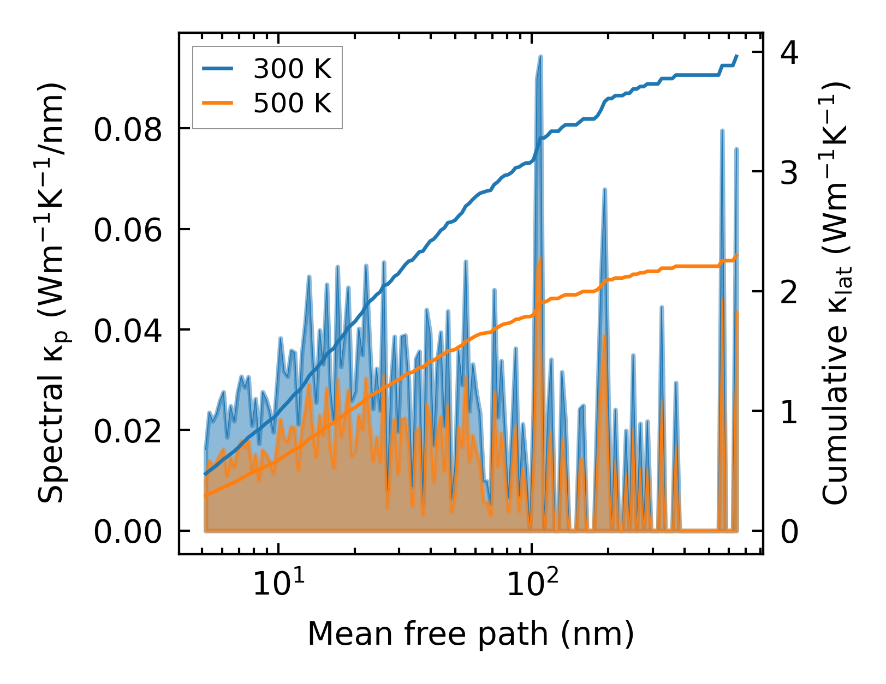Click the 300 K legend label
coord(292,69)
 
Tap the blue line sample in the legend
coord(218,69)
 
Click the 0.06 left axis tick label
coord(128,230)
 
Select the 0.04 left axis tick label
coord(128,331)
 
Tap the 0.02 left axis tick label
coord(128,431)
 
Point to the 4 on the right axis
coord(789,53)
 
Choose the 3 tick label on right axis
coord(789,173)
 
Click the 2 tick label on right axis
coord(789,292)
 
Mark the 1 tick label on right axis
coord(789,412)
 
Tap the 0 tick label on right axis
coord(789,532)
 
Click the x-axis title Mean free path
coord(471,634)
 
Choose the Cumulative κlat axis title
coord(835,293)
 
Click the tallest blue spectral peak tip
coord(540,56)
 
